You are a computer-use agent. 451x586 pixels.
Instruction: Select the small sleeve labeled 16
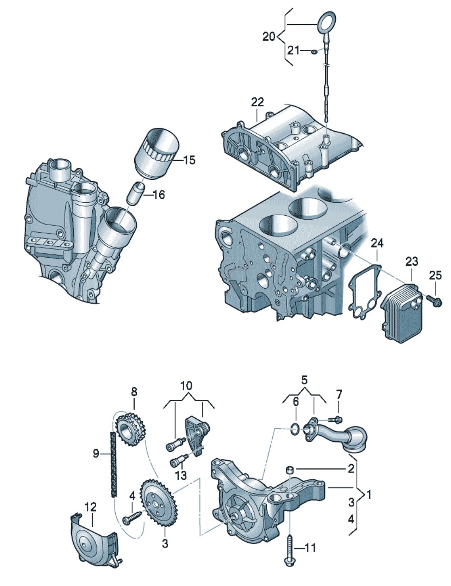coord(136,193)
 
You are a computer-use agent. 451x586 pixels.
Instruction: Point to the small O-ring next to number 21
coord(314,52)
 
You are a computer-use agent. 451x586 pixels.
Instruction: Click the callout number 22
coord(257,102)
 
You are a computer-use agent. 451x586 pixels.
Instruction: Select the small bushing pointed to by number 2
coord(290,469)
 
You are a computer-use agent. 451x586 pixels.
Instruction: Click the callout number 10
coord(186,385)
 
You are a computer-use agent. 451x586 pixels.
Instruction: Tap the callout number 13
coord(180,475)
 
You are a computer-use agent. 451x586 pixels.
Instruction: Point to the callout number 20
coord(268,37)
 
